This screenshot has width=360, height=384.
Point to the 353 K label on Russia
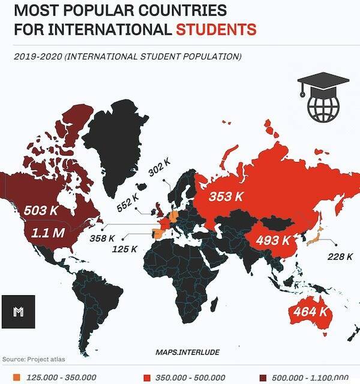[226, 196]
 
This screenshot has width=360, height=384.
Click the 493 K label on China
[274, 241]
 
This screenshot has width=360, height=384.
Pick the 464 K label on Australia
[310, 312]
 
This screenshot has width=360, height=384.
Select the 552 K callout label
[128, 202]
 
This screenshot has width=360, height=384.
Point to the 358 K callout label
[101, 238]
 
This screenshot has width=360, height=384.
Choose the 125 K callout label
[125, 248]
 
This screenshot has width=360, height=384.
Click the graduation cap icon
[318, 84]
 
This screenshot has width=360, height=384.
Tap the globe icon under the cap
[322, 107]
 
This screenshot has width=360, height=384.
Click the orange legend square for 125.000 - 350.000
[16, 377]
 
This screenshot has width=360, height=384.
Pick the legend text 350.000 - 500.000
[191, 377]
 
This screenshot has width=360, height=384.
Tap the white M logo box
[18, 311]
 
